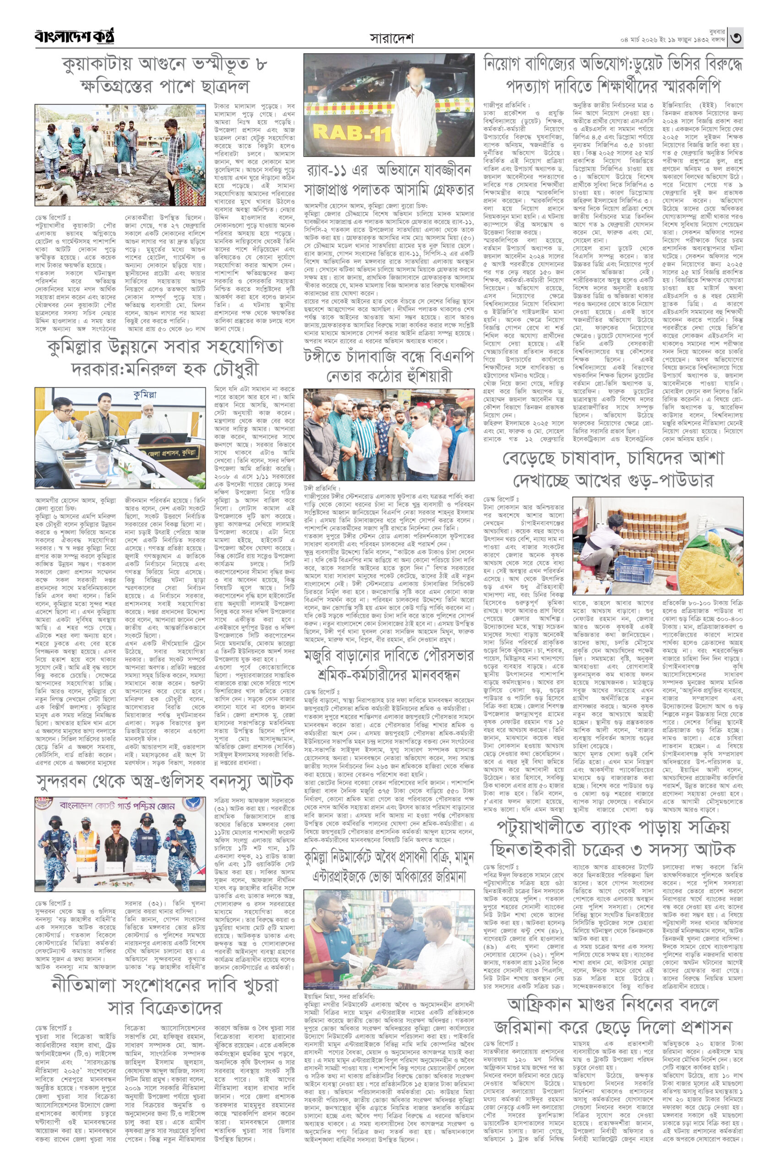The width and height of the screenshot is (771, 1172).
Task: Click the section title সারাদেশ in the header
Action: coord(392,38)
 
